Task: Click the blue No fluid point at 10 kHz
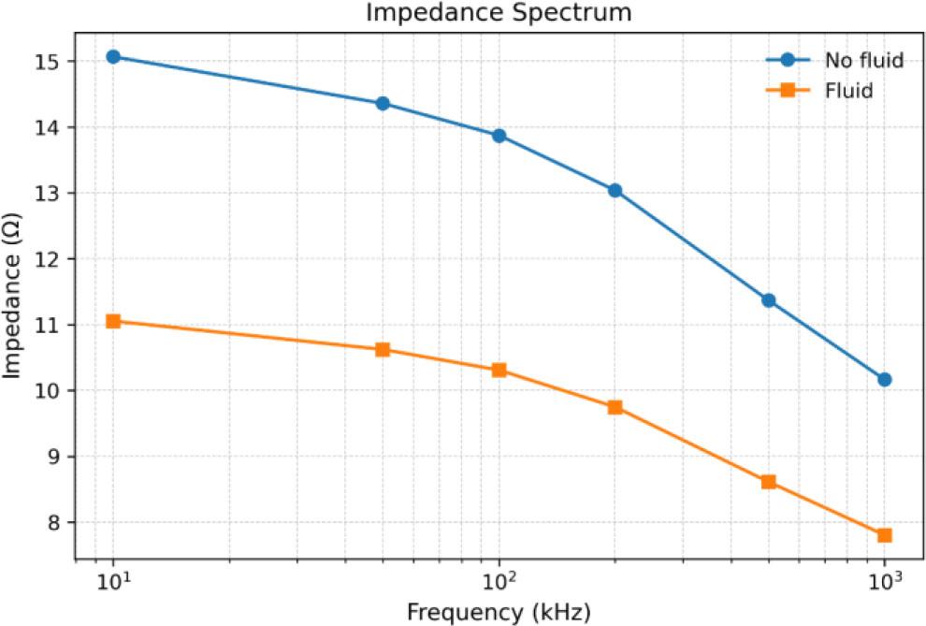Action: (113, 56)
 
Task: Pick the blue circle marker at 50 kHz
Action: (383, 103)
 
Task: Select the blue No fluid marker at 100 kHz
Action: (499, 136)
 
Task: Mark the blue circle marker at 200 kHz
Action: (615, 190)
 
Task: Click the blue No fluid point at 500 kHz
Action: (768, 300)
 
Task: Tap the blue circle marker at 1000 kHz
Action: (884, 379)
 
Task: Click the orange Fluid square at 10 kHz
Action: (113, 321)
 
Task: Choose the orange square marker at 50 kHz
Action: (383, 350)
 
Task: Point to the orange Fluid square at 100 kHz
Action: (499, 370)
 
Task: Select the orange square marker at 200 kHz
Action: (615, 407)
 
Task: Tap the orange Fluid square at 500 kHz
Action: (768, 482)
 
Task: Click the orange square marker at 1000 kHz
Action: (884, 535)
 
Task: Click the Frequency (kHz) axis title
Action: (499, 612)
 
